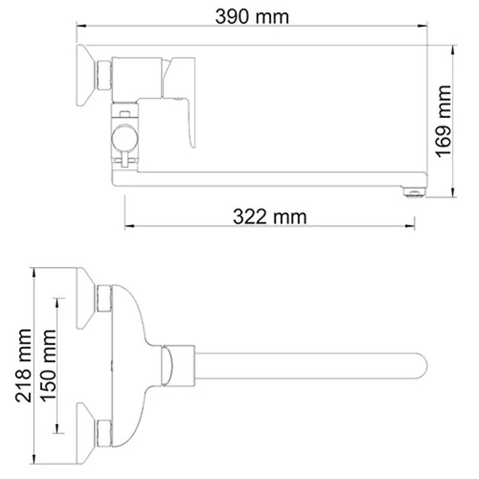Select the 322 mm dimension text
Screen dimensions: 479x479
[269, 216]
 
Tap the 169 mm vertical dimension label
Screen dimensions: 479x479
[444, 120]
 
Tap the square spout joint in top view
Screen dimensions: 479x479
[180, 364]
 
